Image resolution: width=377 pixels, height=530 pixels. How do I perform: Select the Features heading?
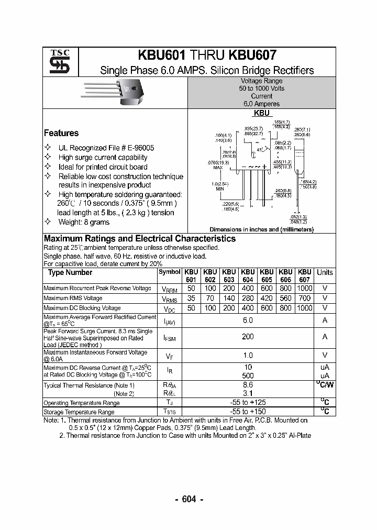[61, 133]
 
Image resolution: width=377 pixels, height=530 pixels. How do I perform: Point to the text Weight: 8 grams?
[84, 222]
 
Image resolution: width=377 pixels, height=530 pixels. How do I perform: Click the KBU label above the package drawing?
[261, 113]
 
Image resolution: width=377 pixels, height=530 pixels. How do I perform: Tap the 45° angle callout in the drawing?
[260, 150]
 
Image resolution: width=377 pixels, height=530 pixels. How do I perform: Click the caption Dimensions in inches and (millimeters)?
[261, 229]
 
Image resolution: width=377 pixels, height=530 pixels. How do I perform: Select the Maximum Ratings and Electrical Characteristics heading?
[140, 239]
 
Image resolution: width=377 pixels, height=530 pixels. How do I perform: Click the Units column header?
[325, 272]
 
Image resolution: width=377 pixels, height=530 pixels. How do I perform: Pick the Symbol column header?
[169, 272]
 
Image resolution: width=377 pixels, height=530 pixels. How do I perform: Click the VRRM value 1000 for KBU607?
[304, 288]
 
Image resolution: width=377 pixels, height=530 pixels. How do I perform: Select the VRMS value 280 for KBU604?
[248, 298]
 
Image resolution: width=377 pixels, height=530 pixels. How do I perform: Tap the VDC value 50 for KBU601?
[191, 308]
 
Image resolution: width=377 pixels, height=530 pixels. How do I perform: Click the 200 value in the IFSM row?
[248, 337]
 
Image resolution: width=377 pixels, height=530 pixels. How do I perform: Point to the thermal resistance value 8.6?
[248, 384]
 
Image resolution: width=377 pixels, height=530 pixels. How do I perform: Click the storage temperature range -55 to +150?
[248, 412]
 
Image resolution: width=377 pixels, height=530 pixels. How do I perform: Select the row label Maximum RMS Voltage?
[73, 298]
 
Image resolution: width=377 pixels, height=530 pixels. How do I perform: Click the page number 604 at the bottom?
[188, 499]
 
